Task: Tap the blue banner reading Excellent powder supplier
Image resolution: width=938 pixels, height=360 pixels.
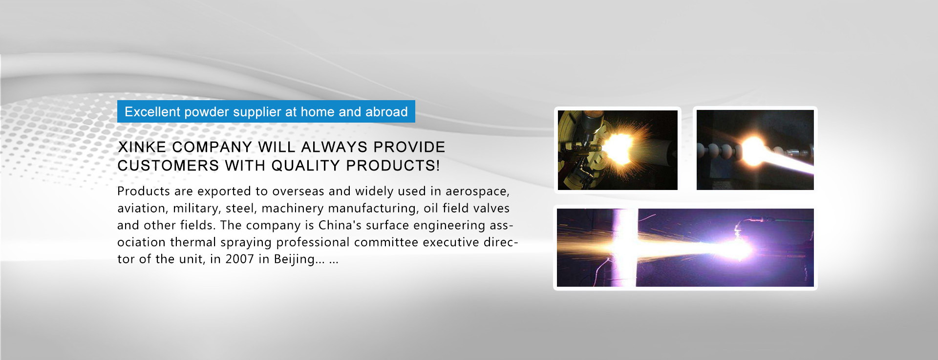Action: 266,111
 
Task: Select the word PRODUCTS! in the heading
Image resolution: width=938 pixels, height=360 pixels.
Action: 393,166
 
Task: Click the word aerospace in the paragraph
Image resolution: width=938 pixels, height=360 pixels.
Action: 477,191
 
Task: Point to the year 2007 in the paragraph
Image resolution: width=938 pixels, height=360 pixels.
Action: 239,259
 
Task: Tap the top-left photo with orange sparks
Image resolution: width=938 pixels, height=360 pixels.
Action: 618,150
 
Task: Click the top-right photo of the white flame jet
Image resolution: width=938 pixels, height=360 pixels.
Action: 755,150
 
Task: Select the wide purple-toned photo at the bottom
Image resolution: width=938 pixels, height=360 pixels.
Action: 685,248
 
